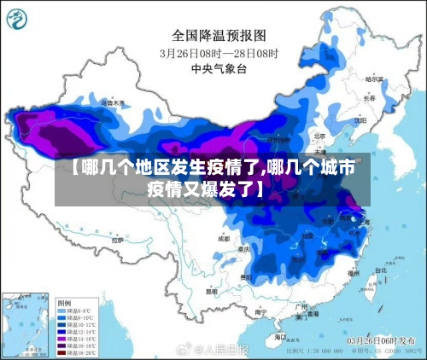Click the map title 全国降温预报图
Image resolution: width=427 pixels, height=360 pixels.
click(x=219, y=35)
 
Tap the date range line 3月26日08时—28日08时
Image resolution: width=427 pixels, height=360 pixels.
click(x=219, y=52)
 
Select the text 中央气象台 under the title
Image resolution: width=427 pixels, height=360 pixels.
click(x=219, y=67)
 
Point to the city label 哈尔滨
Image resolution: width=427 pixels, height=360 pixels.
click(x=372, y=78)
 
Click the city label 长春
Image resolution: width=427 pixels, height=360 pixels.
click(x=369, y=98)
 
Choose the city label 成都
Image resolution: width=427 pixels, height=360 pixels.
click(x=224, y=239)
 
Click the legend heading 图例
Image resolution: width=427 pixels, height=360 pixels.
click(x=64, y=303)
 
